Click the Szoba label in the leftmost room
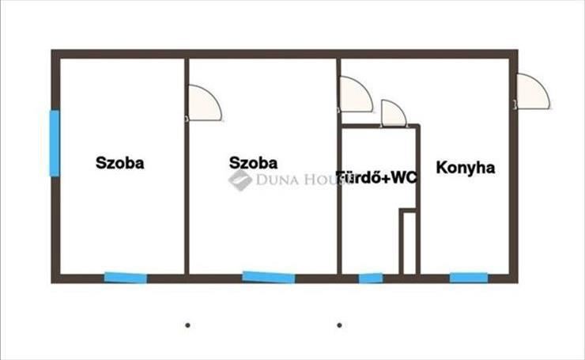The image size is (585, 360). tap(119, 163)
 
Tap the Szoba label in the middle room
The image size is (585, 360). tap(253, 163)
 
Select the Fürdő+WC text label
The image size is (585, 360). tap(377, 178)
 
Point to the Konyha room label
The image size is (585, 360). tap(466, 168)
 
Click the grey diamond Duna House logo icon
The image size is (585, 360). tap(240, 180)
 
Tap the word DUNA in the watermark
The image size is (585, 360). tap(277, 180)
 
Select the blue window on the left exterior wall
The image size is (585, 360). tap(55, 143)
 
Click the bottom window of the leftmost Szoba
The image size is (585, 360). tap(126, 278)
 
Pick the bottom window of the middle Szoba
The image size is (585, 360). tap(269, 277)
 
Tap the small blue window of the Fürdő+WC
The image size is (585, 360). tap(371, 279)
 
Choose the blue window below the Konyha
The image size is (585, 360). tap(469, 278)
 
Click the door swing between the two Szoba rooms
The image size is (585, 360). tap(205, 104)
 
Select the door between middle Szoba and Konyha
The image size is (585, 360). tap(356, 94)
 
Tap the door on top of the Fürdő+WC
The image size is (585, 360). tap(394, 113)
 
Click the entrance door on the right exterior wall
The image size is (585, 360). tap(533, 92)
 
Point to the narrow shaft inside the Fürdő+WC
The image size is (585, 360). tap(408, 242)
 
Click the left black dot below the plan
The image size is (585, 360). tap(187, 325)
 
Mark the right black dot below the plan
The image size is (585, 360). tap(339, 325)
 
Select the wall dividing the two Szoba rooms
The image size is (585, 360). tap(187, 167)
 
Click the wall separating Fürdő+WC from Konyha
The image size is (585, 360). tap(419, 200)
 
